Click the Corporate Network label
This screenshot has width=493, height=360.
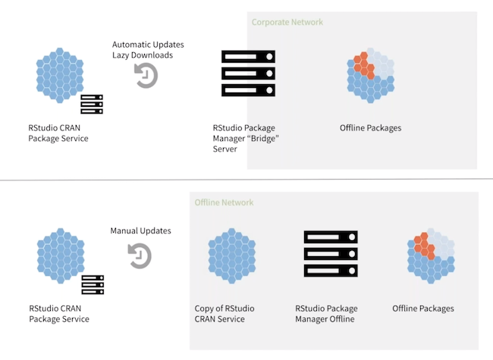(287, 22)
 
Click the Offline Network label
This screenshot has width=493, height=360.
(224, 202)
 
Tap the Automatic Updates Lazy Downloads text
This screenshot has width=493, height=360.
(148, 50)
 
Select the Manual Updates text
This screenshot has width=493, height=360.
(141, 230)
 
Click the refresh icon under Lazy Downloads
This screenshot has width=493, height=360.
(146, 76)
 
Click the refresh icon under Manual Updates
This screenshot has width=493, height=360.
(140, 255)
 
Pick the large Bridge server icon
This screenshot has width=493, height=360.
(248, 74)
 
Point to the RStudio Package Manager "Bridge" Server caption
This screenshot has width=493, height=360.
(243, 139)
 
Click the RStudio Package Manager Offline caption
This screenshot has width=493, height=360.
(326, 314)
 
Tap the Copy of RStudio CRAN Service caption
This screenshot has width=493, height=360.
(225, 314)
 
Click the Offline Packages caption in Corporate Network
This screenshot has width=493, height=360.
(370, 127)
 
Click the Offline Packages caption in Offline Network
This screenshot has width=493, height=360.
(423, 308)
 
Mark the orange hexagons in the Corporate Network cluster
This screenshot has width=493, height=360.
(365, 64)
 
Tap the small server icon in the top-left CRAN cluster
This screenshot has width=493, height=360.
(92, 104)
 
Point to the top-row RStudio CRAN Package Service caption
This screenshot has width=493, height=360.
(59, 133)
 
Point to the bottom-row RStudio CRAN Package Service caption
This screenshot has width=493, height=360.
(59, 314)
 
